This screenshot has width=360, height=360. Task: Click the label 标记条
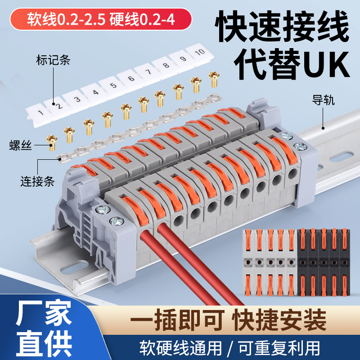[x=53, y=60]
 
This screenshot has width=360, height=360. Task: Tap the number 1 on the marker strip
[x=41, y=112]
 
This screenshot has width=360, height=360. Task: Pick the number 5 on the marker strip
[x=113, y=85]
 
